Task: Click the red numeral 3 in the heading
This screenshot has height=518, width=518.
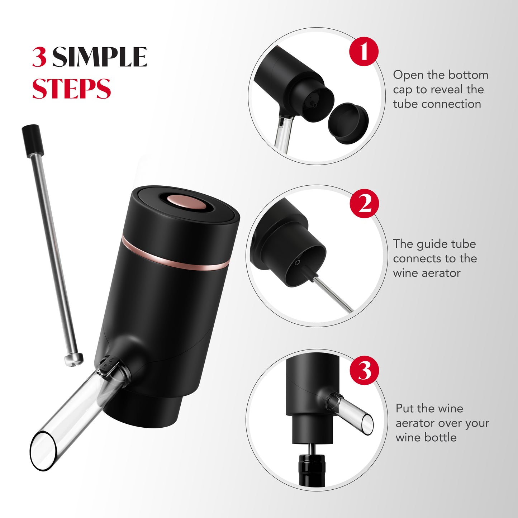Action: click(x=39, y=57)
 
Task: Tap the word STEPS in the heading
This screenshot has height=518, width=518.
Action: click(x=72, y=89)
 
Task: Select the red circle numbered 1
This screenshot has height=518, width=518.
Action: click(x=364, y=51)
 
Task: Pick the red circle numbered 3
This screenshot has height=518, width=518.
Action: click(x=365, y=370)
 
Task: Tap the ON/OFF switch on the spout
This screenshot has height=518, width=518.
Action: click(x=108, y=366)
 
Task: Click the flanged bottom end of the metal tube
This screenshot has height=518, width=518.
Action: click(x=73, y=358)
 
